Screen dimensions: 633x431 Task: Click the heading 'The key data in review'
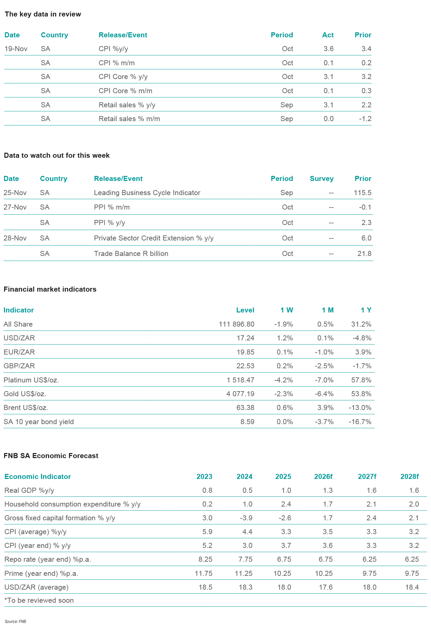pyautogui.click(x=43, y=14)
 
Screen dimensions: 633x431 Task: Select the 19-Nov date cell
pyautogui.click(x=16, y=49)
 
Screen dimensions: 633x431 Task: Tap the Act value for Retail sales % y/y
pyautogui.click(x=328, y=105)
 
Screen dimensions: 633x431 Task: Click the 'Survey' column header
pyautogui.click(x=322, y=179)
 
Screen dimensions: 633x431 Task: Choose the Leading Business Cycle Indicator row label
pyautogui.click(x=147, y=193)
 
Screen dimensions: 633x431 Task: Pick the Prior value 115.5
pyautogui.click(x=363, y=193)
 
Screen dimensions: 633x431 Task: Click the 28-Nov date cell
pyautogui.click(x=15, y=238)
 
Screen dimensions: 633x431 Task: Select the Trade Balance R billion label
pyautogui.click(x=131, y=254)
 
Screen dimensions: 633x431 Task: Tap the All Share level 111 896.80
pyautogui.click(x=236, y=324)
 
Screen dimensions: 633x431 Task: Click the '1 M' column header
pyautogui.click(x=327, y=310)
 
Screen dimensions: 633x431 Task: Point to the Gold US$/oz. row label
pyautogui.click(x=25, y=394)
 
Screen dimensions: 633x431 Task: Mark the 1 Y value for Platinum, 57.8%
pyautogui.click(x=361, y=380)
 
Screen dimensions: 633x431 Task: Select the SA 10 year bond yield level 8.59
pyautogui.click(x=247, y=422)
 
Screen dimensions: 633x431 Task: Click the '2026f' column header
pyautogui.click(x=323, y=477)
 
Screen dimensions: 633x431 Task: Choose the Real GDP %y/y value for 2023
pyautogui.click(x=207, y=490)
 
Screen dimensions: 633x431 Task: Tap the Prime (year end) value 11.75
pyautogui.click(x=203, y=573)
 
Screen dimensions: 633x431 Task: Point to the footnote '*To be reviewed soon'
pyautogui.click(x=39, y=600)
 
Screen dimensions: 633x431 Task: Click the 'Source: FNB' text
pyautogui.click(x=15, y=622)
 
